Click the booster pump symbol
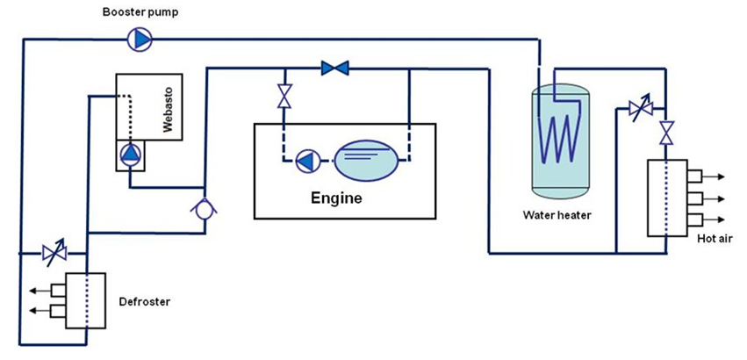(139, 38)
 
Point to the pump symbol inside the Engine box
(307, 162)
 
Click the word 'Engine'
(336, 198)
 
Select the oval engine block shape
(369, 162)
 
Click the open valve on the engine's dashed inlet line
(284, 96)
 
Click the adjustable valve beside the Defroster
(49, 254)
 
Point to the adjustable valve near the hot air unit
(638, 110)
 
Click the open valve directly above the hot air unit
(667, 133)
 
